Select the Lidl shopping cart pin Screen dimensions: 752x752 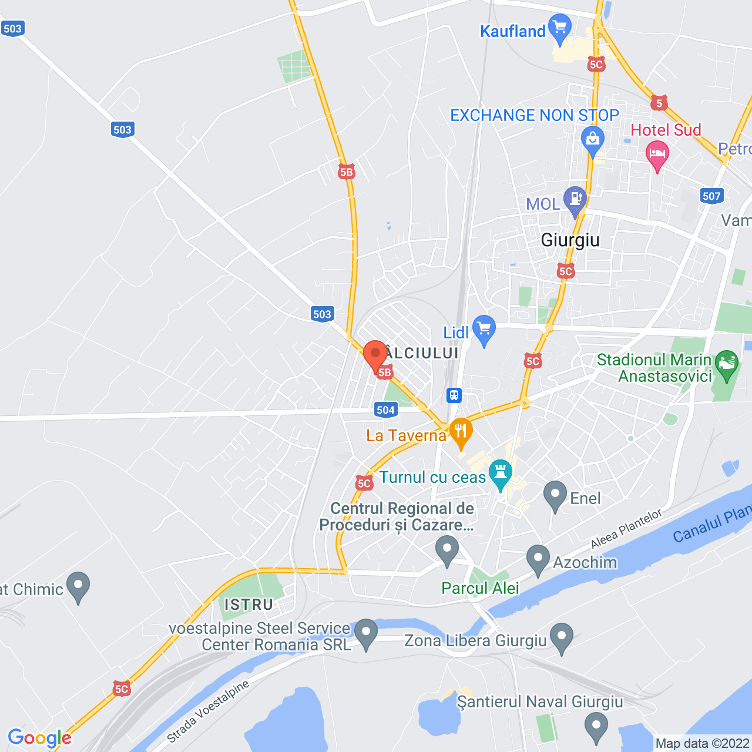point(484,330)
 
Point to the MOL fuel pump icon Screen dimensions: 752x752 point(575,199)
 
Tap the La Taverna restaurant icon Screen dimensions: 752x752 point(461,432)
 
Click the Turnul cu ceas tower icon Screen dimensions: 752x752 point(501,474)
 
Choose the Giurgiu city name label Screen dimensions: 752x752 point(570,240)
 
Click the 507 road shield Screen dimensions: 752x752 point(711,196)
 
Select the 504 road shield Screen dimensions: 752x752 point(385,410)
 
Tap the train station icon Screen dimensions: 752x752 point(454,395)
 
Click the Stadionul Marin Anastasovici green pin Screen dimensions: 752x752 point(727,364)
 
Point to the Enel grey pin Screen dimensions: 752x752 point(555,495)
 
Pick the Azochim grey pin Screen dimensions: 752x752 point(538,559)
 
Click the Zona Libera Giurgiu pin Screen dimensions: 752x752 point(562,637)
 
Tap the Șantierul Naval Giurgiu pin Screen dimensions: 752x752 point(596,726)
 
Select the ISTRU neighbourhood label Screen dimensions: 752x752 point(249,605)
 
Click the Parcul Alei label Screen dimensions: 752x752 point(480,588)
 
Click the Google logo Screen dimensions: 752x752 point(39,738)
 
